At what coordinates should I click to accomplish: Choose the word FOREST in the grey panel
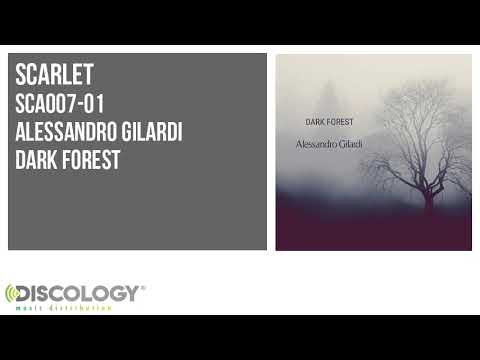tap(89, 159)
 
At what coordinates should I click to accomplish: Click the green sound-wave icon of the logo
tap(13, 295)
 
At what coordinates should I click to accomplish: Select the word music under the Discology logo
tap(28, 308)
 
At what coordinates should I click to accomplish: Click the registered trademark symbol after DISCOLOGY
tap(143, 288)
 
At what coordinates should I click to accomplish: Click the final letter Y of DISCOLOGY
tap(131, 293)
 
